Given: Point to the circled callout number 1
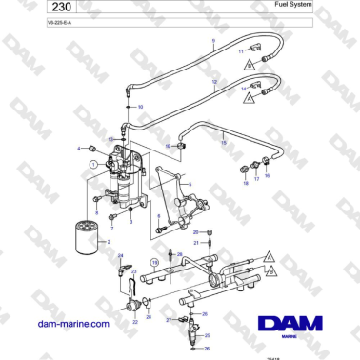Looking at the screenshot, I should click(91, 166).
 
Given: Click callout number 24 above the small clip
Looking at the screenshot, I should click(120, 257).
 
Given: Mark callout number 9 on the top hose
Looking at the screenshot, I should click(213, 45).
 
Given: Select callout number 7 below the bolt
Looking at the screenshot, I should click(111, 230).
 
